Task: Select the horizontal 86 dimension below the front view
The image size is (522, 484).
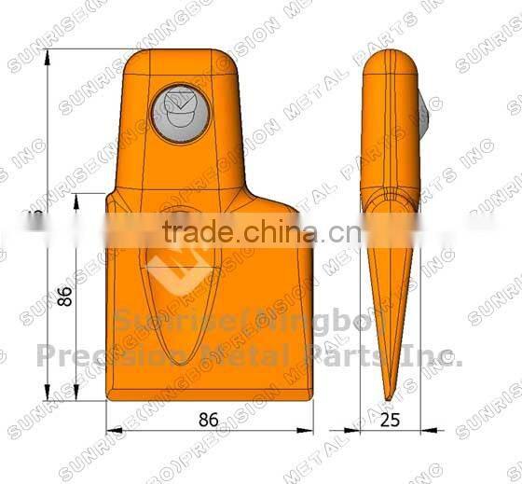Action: click(208, 419)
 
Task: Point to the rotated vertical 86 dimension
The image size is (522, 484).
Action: click(64, 297)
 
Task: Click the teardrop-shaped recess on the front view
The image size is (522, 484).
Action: click(184, 298)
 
